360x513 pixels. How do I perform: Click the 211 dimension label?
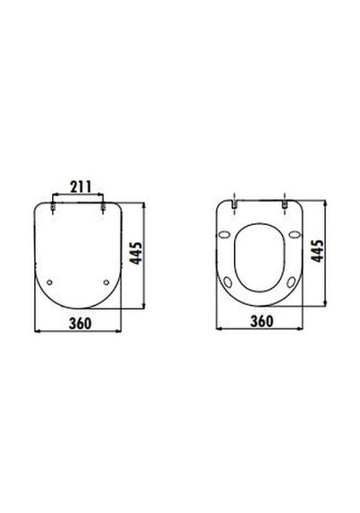81,187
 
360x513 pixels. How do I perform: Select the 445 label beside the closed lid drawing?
136,253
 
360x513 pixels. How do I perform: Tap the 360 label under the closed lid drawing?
80,323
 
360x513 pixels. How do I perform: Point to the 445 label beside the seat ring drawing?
317,251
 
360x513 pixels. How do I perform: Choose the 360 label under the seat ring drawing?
262,321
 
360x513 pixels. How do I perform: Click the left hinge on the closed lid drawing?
52,207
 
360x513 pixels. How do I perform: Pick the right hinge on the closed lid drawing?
103,207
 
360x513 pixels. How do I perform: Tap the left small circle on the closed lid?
49,282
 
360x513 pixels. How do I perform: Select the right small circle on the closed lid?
106,282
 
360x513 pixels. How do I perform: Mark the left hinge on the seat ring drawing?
234,204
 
